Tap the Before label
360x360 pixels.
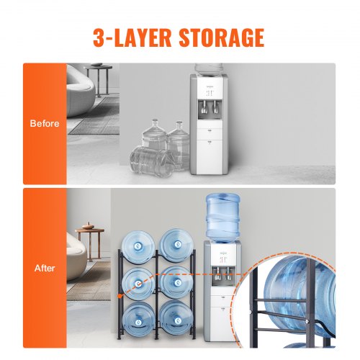tap(45, 124)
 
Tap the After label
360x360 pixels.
tap(45, 268)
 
